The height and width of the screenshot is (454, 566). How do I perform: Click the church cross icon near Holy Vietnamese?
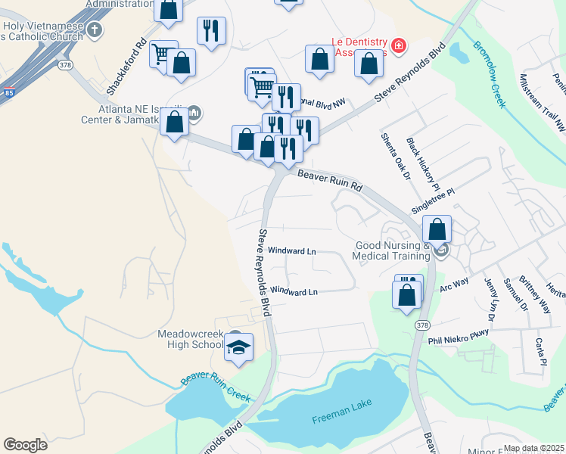tap(94, 30)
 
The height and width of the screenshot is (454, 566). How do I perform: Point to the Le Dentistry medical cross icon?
tap(399, 47)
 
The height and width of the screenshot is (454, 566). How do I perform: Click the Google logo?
tap(26, 444)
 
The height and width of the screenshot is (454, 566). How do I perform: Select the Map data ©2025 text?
tap(533, 448)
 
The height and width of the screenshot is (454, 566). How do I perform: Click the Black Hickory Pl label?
tap(422, 162)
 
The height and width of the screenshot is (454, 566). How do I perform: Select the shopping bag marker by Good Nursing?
tap(437, 229)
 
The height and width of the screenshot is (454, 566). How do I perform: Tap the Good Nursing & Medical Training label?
tap(392, 250)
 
